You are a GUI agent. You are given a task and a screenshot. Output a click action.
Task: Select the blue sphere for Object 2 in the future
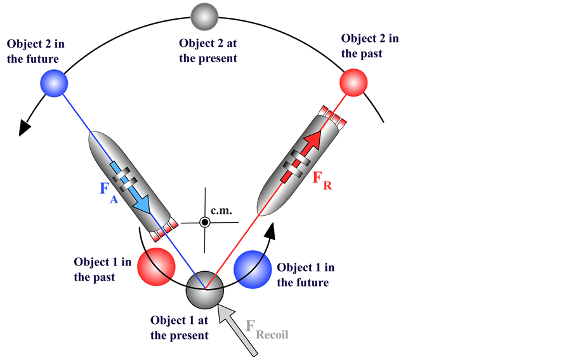coord(54,83)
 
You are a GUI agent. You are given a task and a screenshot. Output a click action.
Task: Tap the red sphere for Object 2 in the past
coord(354,83)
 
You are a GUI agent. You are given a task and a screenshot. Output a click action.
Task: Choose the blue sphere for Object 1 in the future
coord(253,267)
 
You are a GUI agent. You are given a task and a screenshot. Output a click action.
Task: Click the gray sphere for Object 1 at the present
coord(204,291)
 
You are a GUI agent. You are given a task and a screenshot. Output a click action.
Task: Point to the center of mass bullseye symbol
coord(204,222)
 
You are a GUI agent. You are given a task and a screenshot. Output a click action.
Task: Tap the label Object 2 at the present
coord(207,51)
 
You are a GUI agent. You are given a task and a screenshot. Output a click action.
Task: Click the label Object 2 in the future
coord(36,51)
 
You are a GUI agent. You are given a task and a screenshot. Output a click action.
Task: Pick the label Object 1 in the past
coord(102,269)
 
